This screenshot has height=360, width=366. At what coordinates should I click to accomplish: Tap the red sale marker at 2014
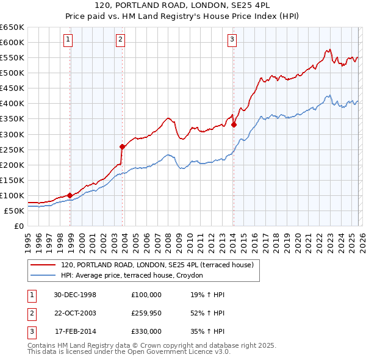[234, 124]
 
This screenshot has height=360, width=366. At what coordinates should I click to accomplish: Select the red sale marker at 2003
[122, 146]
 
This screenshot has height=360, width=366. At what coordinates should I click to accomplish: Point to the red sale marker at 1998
[70, 195]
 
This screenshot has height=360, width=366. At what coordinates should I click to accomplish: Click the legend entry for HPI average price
[135, 275]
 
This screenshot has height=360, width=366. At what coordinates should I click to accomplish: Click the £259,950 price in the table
[146, 313]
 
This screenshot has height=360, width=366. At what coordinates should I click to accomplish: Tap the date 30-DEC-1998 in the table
[75, 295]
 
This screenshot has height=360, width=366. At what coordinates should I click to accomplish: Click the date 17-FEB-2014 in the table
[76, 331]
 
